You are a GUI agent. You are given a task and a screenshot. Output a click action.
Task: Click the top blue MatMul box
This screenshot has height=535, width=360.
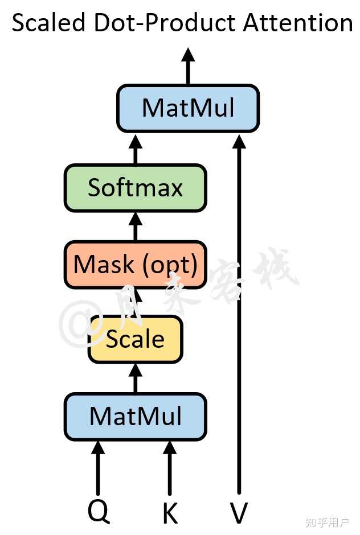click(x=188, y=108)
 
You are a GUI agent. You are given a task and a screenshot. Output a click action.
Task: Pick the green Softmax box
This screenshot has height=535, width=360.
click(x=135, y=188)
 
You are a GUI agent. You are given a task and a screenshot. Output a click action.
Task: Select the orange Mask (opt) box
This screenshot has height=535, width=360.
click(x=135, y=265)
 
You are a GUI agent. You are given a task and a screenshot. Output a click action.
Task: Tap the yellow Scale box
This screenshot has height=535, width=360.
click(x=135, y=339)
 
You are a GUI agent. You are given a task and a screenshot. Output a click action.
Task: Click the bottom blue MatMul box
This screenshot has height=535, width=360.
click(x=135, y=417)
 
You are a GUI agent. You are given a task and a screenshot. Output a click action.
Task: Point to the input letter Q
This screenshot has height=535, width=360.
click(x=99, y=512)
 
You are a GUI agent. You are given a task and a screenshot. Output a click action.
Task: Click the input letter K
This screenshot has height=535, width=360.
click(x=170, y=513)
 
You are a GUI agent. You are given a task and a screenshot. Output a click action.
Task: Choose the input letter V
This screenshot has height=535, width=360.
click(x=239, y=513)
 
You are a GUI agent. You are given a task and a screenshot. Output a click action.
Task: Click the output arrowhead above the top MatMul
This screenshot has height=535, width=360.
click(x=188, y=55)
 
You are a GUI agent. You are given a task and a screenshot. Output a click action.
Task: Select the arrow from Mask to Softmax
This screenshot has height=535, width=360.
click(x=135, y=227)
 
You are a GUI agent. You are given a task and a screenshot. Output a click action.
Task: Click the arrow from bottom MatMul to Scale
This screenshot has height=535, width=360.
click(x=135, y=378)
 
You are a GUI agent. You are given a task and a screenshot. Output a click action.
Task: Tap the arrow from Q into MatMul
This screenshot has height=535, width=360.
click(x=99, y=468)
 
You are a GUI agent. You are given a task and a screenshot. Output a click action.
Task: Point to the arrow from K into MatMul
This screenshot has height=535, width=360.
click(x=170, y=468)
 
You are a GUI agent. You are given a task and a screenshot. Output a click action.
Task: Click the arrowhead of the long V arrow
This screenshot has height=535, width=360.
click(x=239, y=141)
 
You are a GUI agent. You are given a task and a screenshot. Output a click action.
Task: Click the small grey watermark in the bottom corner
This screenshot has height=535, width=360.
click(x=328, y=522)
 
